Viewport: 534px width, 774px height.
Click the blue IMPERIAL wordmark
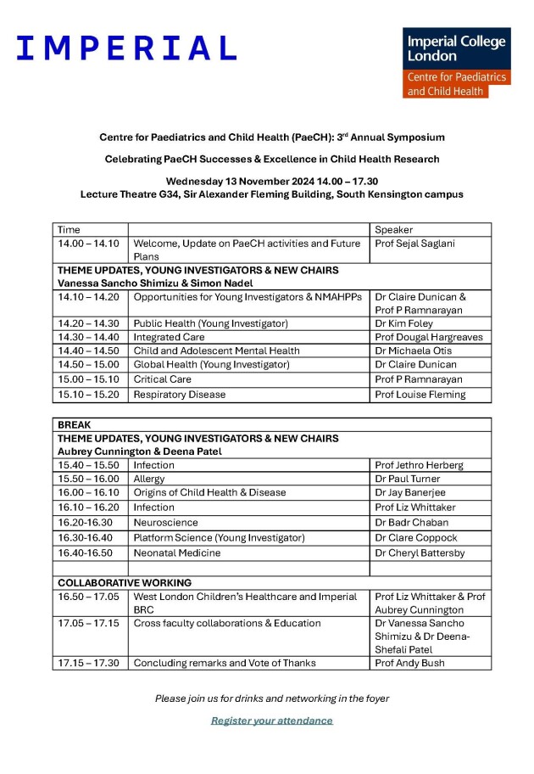click(126, 48)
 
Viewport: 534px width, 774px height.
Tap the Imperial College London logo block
click(456, 64)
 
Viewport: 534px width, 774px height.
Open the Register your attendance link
click(272, 721)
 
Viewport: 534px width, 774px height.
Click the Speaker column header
click(392, 229)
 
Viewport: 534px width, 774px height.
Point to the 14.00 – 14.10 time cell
click(88, 244)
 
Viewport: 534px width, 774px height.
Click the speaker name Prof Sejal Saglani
click(415, 244)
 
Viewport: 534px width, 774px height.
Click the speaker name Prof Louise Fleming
click(420, 394)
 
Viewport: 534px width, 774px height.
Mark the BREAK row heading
click(74, 424)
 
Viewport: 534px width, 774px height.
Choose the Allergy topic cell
click(149, 479)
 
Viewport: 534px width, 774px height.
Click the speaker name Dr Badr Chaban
click(412, 522)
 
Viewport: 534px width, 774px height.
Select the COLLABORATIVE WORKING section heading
click(125, 583)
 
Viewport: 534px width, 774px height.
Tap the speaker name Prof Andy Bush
click(409, 663)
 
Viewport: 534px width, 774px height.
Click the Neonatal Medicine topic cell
click(177, 552)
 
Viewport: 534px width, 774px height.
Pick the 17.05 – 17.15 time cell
click(88, 623)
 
